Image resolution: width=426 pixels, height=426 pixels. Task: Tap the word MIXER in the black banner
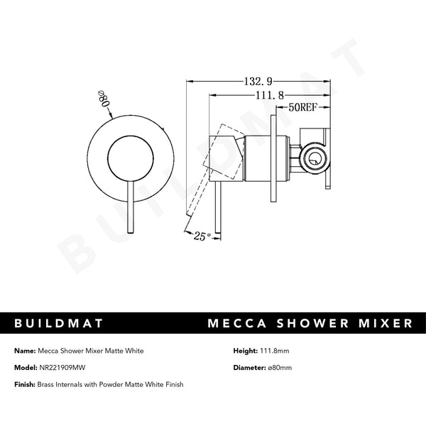[x=386, y=323]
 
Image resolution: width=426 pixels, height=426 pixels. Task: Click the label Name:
[x=23, y=350]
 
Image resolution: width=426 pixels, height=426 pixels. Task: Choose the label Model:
[x=25, y=367]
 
